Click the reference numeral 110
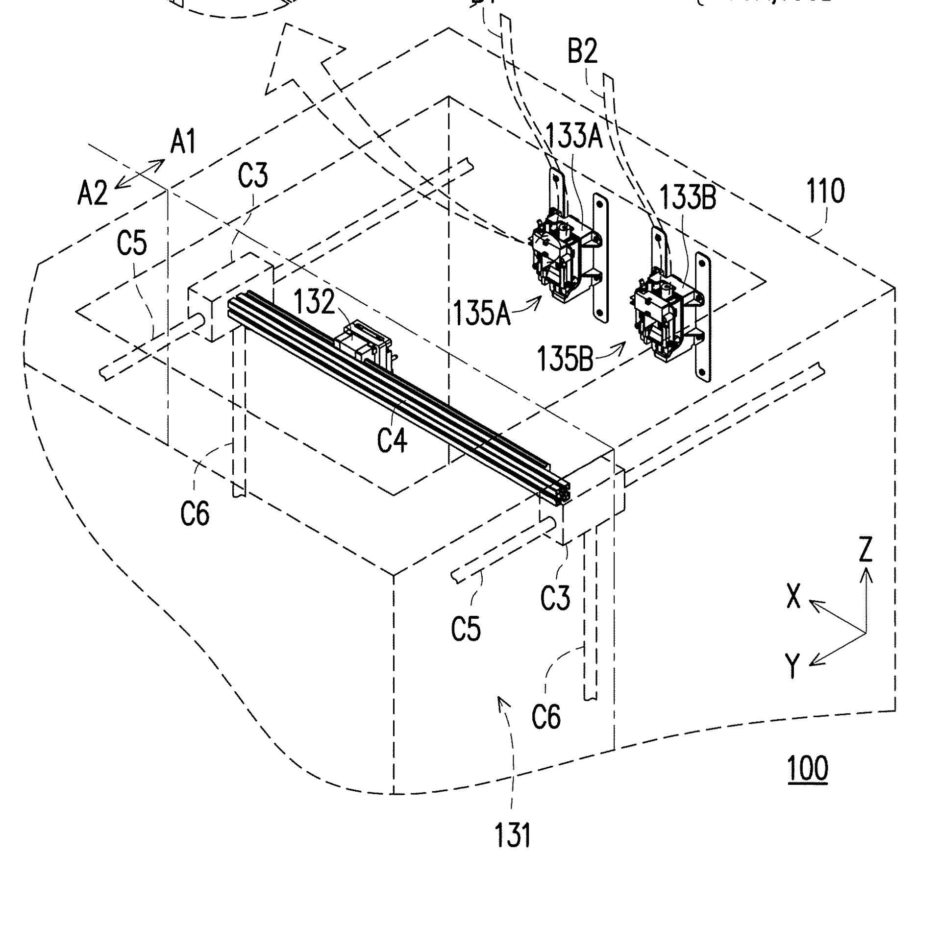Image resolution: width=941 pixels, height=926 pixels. (825, 192)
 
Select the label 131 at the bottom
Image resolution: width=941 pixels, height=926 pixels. (512, 836)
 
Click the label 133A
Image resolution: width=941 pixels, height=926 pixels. (574, 136)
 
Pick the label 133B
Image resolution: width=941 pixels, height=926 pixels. (688, 197)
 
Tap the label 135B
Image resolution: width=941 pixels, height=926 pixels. (565, 359)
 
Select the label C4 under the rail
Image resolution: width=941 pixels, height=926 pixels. (392, 439)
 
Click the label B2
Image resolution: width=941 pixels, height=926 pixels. (582, 51)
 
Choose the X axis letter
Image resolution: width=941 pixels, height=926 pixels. (793, 597)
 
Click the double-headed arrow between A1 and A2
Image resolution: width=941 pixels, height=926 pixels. (140, 173)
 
